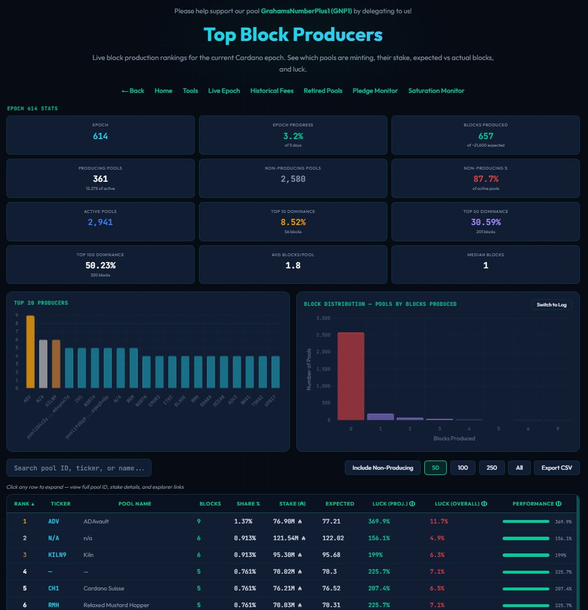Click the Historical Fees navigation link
click(x=272, y=91)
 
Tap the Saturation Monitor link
click(x=436, y=91)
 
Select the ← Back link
click(x=133, y=91)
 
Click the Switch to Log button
click(x=551, y=305)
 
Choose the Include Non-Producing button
click(x=382, y=467)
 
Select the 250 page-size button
click(x=492, y=467)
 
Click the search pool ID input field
click(x=79, y=468)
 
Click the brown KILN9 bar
click(x=56, y=364)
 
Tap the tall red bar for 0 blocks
click(x=350, y=376)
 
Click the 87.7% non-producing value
click(x=485, y=179)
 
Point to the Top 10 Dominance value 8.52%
click(x=293, y=222)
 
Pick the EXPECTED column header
click(x=340, y=504)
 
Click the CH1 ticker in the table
click(x=54, y=588)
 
